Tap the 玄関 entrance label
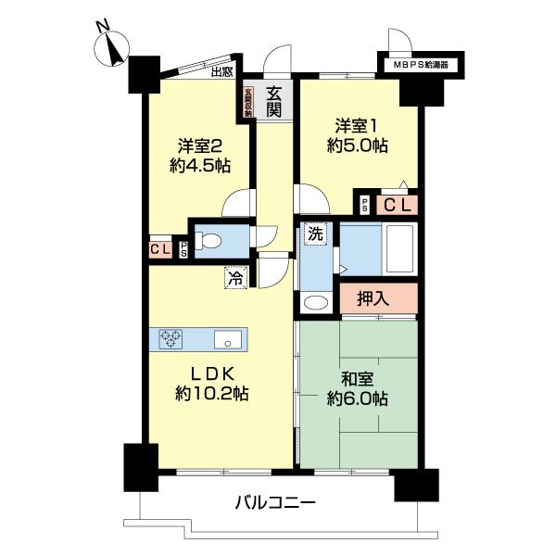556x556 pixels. click(275, 101)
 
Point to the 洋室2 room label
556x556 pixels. click(200, 145)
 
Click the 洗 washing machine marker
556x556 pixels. click(314, 234)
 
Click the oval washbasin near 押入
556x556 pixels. click(315, 302)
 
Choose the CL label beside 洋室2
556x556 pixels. click(158, 248)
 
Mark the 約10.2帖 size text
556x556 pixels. click(214, 393)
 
